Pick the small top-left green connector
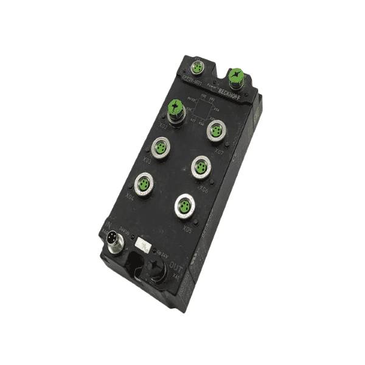[200, 65]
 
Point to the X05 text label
[187, 231]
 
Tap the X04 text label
[130, 197]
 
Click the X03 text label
[147, 160]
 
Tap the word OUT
[175, 266]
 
